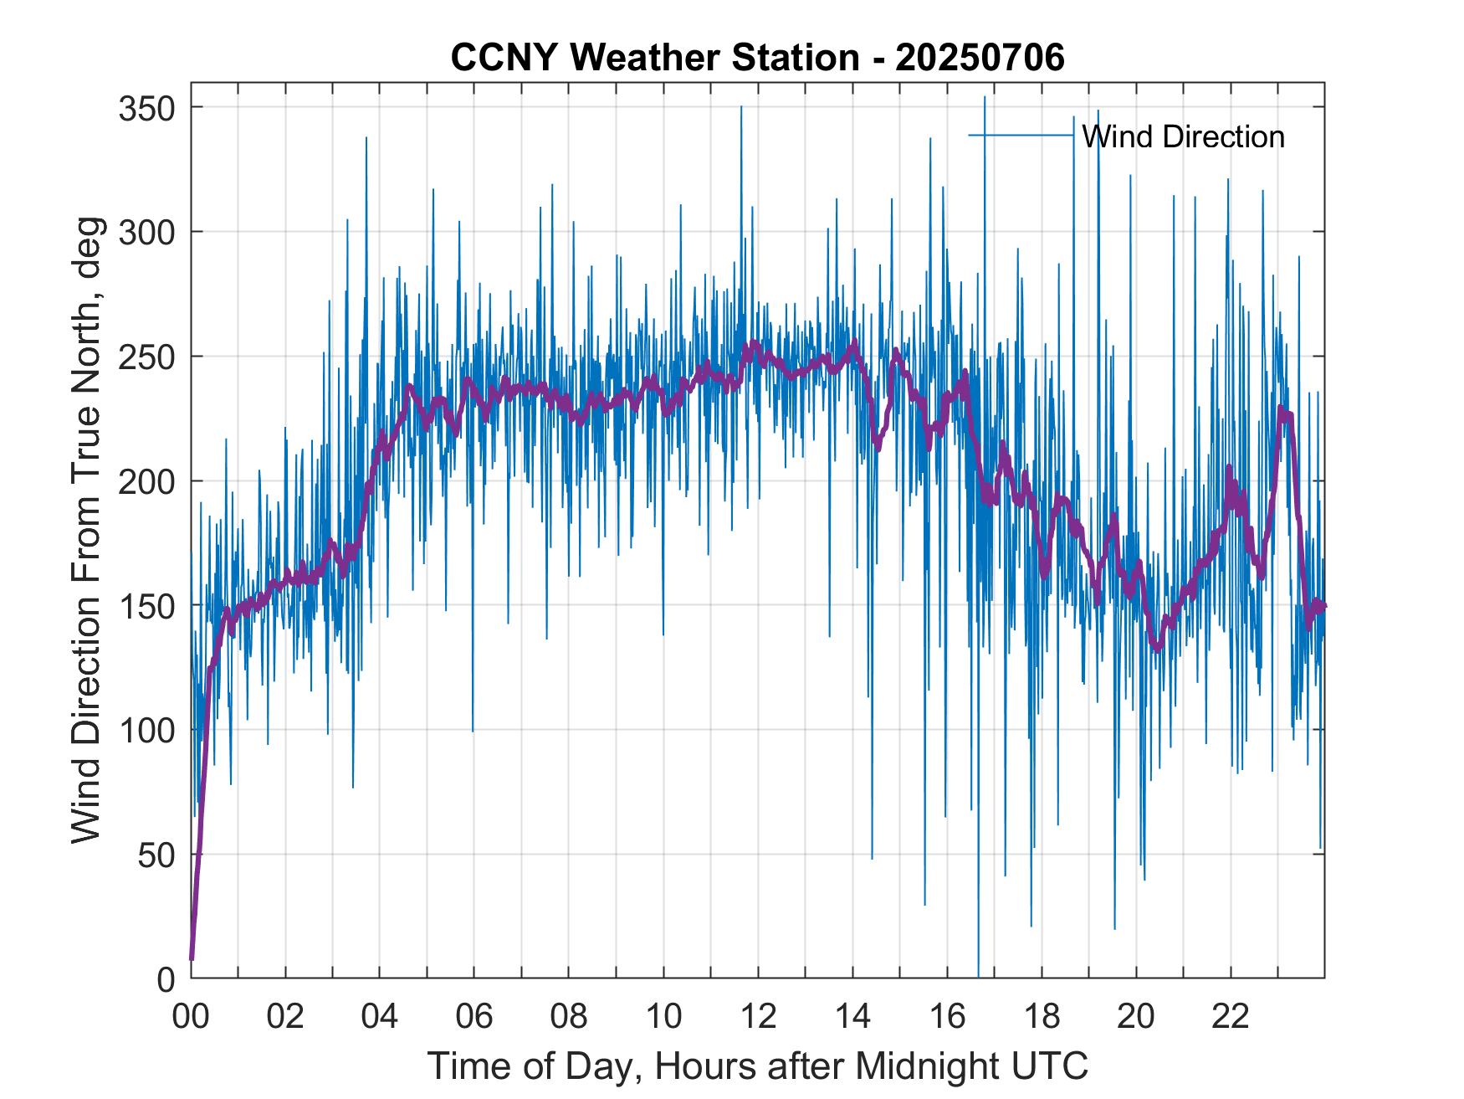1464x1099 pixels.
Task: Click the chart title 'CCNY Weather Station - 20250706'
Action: [757, 58]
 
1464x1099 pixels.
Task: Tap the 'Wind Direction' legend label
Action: [1183, 136]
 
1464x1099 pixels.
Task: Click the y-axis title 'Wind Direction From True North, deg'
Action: [86, 530]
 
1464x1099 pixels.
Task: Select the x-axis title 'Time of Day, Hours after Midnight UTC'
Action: [758, 1066]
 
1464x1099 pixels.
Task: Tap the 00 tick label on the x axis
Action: [191, 1017]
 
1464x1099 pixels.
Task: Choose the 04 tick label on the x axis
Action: [380, 1017]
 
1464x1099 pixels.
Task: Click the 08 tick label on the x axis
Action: [569, 1017]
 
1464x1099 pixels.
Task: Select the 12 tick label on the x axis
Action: [758, 1017]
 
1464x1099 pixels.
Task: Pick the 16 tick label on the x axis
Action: [947, 1017]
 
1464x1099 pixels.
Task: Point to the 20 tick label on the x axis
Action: [1136, 1017]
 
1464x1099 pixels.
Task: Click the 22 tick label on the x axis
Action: [1231, 1017]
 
